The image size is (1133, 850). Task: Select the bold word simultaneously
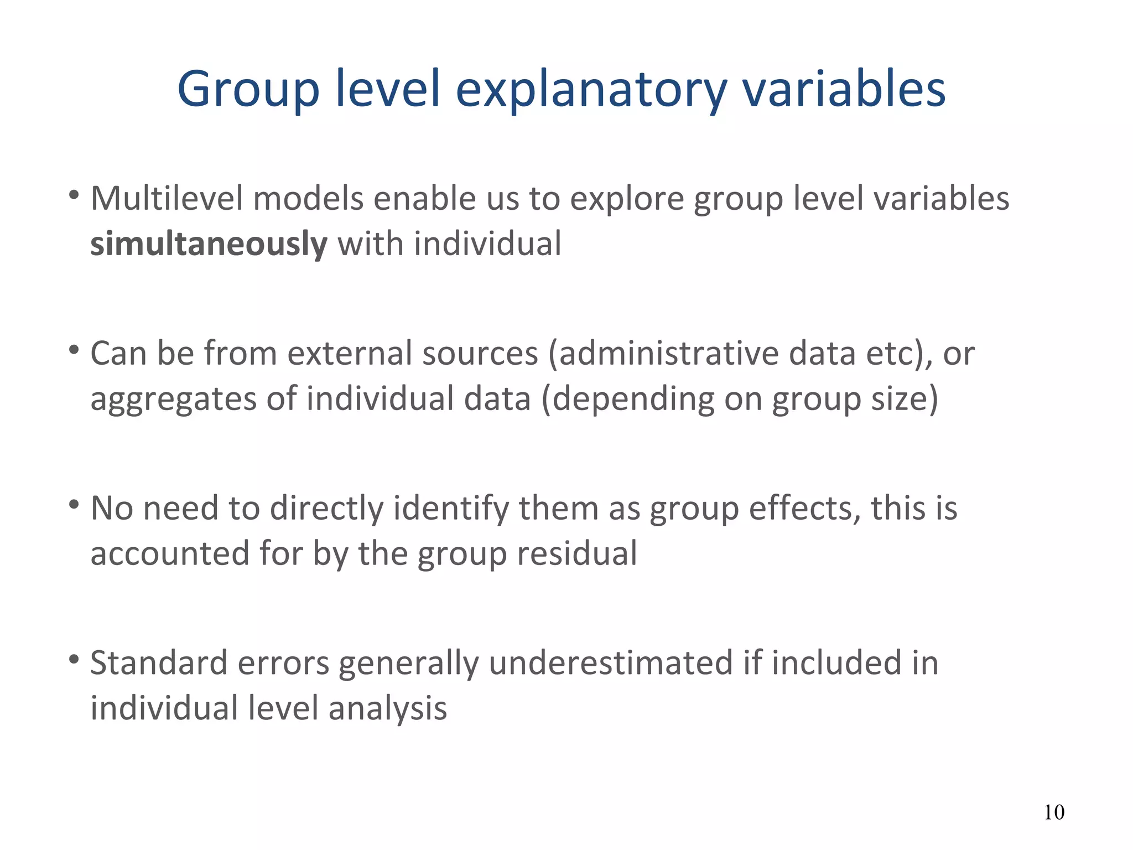[209, 244]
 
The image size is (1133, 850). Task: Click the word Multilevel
[167, 199]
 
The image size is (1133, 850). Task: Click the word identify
[451, 509]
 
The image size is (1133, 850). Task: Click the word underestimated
[610, 663]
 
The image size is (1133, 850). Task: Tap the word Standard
[159, 663]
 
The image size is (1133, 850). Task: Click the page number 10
[1053, 812]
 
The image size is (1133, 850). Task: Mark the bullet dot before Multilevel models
[73, 195]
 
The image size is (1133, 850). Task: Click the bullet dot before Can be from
[73, 350]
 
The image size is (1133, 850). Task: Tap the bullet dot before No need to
[73, 505]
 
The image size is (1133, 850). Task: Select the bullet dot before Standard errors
[73, 660]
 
